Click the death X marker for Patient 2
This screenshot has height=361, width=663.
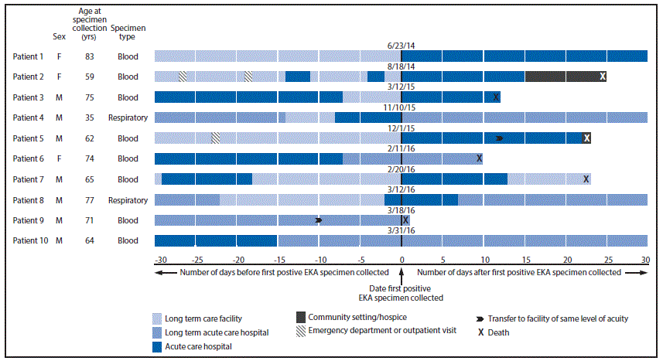(602, 76)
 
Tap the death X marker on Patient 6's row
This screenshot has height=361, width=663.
(480, 158)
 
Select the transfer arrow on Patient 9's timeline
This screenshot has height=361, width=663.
(319, 220)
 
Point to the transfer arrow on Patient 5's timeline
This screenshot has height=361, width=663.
(500, 138)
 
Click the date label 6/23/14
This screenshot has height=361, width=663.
(401, 46)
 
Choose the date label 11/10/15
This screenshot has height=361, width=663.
(401, 107)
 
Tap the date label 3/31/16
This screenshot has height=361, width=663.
(401, 230)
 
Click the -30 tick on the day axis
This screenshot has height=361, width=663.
(161, 260)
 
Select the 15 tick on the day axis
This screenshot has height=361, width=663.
(525, 260)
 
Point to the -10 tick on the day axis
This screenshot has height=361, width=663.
(320, 260)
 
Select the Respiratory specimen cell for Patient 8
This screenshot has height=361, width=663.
(128, 200)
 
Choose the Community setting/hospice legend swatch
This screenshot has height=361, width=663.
(300, 318)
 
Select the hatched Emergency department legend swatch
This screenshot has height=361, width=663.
(300, 331)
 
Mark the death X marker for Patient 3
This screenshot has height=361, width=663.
(496, 97)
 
